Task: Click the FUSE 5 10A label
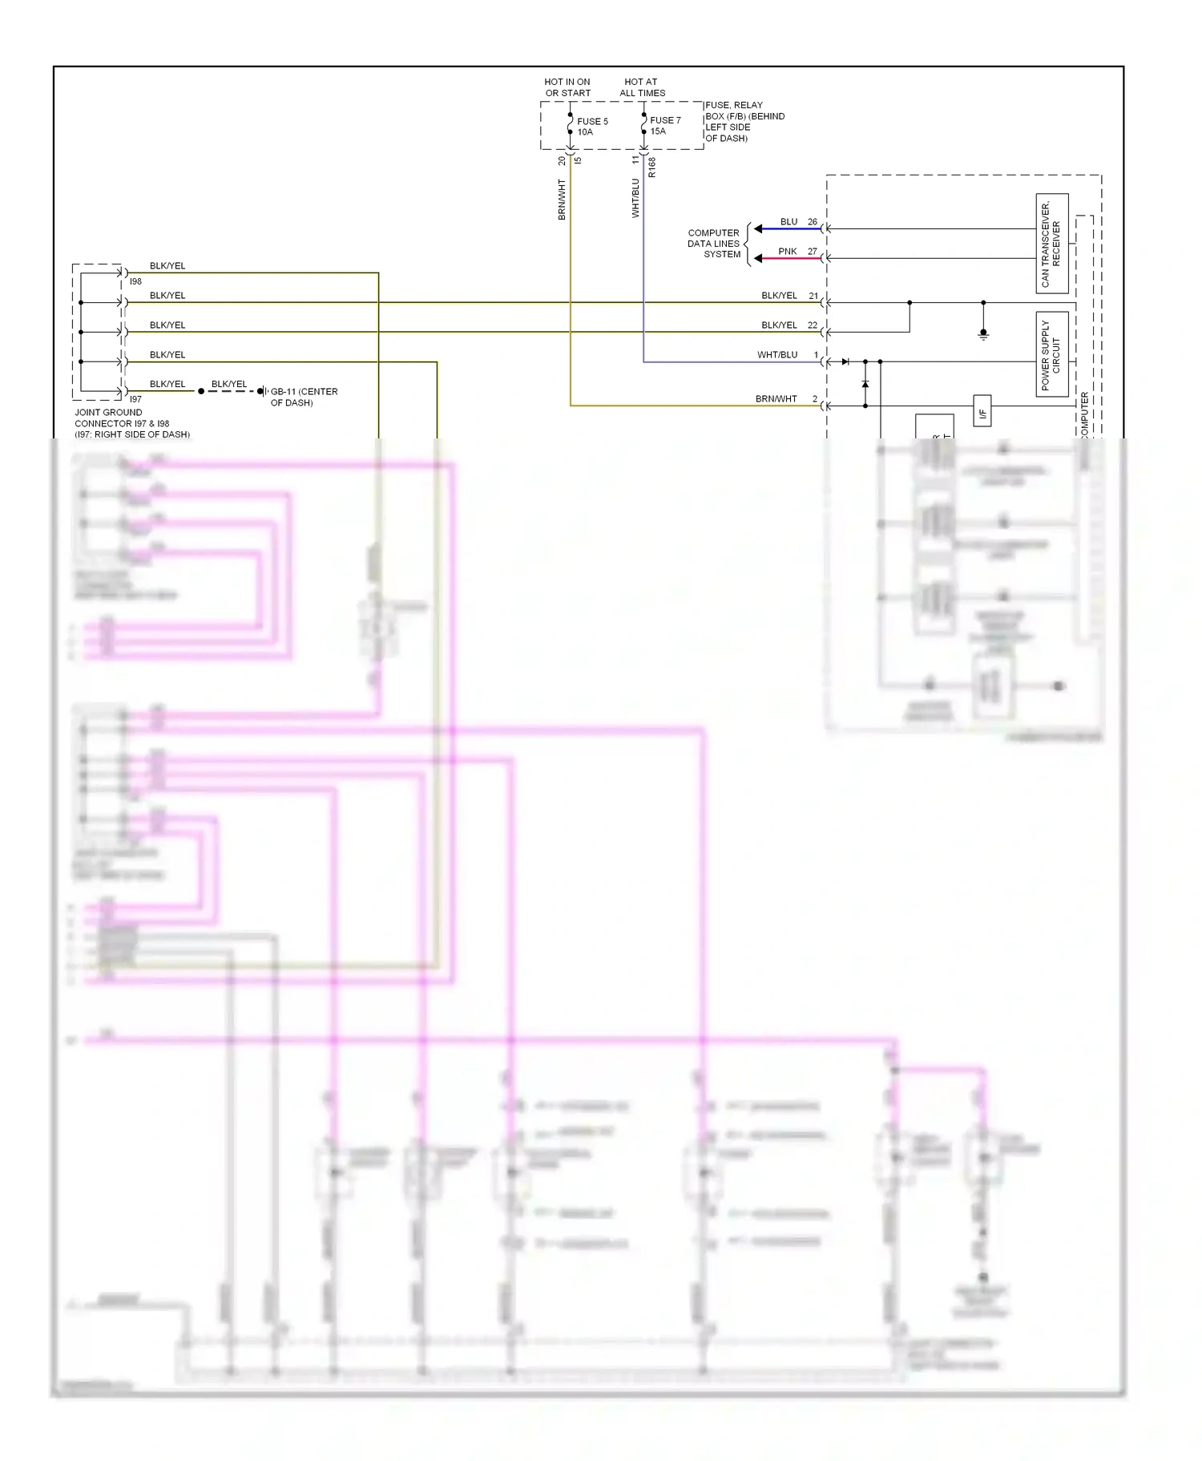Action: pyautogui.click(x=591, y=127)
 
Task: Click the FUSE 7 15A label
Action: pyautogui.click(x=664, y=126)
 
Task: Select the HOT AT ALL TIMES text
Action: pyautogui.click(x=642, y=87)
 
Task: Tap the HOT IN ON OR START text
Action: pyautogui.click(x=567, y=87)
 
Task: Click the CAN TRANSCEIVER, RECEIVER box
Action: pyautogui.click(x=1051, y=244)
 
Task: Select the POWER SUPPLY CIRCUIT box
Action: pyautogui.click(x=1051, y=354)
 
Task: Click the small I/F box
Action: pyautogui.click(x=982, y=413)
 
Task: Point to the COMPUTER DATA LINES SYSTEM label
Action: pyautogui.click(x=714, y=244)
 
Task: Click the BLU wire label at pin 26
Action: pyautogui.click(x=789, y=222)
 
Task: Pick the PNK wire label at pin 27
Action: pyautogui.click(x=787, y=252)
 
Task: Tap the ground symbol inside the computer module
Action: pyautogui.click(x=983, y=334)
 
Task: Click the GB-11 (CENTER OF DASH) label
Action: pyautogui.click(x=304, y=398)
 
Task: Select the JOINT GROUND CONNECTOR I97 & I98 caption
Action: pyautogui.click(x=131, y=423)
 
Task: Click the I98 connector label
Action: pyautogui.click(x=135, y=281)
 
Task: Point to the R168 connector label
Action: pyautogui.click(x=651, y=167)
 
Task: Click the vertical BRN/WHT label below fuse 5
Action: pyautogui.click(x=562, y=200)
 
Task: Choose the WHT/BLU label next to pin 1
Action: pyautogui.click(x=776, y=354)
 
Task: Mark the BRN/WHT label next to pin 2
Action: pyautogui.click(x=776, y=398)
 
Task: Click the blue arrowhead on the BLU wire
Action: pyautogui.click(x=758, y=229)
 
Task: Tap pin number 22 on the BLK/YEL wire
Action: pyautogui.click(x=813, y=325)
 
